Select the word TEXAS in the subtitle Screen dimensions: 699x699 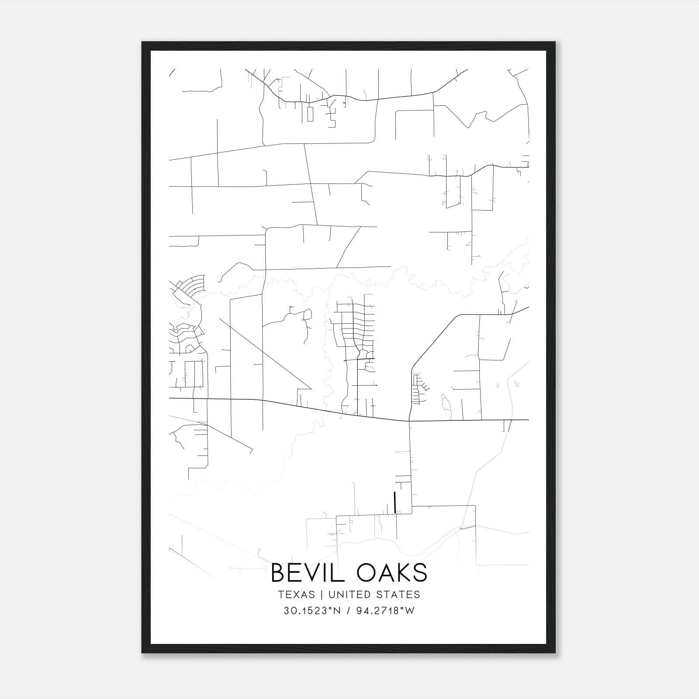pos(296,595)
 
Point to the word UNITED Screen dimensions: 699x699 pos(346,595)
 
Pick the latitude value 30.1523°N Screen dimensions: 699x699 pos(311,611)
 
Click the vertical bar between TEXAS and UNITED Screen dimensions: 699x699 pos(322,595)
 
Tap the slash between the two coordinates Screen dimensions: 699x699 pos(348,611)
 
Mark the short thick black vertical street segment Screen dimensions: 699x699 pos(395,502)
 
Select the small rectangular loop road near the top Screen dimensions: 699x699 pos(310,114)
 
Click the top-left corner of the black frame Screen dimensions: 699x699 pos(142,42)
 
